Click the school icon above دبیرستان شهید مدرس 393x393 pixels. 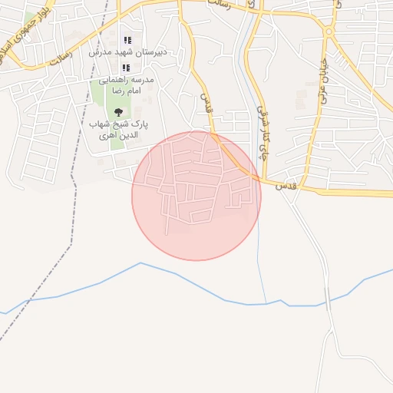pos(127,40)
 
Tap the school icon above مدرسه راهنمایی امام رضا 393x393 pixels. pos(127,68)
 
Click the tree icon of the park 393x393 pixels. pos(117,112)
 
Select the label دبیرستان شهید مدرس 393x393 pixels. pos(128,52)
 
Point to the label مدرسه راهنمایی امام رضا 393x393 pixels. pos(126,84)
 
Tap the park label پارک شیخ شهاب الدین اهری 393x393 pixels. pos(118,129)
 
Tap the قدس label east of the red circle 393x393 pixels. pos(285,186)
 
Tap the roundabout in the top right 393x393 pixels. pos(329,32)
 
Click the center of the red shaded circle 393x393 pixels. pos(196,196)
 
